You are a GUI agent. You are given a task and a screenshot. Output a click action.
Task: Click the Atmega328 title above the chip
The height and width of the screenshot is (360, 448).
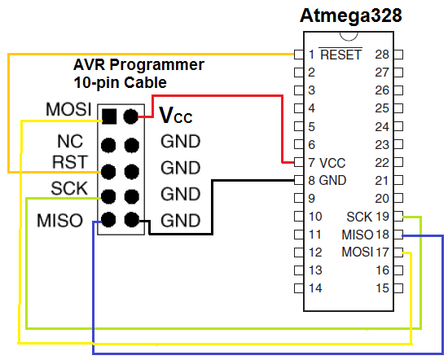[x=351, y=16]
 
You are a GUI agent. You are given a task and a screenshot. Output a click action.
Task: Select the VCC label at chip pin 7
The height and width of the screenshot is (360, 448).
[x=333, y=162]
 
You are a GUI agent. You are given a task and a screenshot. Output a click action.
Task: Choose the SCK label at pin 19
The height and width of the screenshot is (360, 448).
[x=358, y=217]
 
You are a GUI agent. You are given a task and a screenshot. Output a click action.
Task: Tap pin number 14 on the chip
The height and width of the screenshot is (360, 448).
[x=314, y=288]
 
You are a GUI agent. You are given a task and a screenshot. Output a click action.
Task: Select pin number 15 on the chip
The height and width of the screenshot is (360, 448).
[x=383, y=288]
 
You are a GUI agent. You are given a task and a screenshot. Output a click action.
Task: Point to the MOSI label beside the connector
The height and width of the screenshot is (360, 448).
[x=68, y=109]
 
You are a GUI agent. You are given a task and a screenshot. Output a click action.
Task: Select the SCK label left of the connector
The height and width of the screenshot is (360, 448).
[x=69, y=188]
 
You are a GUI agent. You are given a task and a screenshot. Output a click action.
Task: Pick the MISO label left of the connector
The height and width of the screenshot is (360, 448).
[x=61, y=220]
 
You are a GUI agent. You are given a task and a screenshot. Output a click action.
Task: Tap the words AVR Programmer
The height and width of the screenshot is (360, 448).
[x=139, y=64]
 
